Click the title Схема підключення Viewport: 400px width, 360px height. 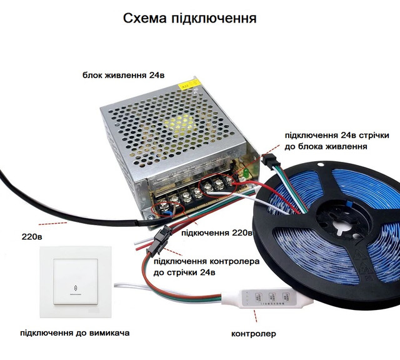coord(190,18)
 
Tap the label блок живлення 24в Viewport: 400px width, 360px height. coord(124,75)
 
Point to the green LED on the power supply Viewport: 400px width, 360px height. coord(246,172)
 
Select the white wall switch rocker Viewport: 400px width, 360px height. coord(76,282)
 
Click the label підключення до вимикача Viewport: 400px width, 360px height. coord(75,332)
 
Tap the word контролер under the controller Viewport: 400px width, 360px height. coord(254,334)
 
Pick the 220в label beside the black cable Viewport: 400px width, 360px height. coord(32,237)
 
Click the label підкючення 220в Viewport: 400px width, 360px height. coord(217,233)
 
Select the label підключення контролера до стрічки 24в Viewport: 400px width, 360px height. coord(207,267)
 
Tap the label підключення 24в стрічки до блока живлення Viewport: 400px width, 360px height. coord(337,141)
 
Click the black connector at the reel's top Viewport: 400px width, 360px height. coord(268,161)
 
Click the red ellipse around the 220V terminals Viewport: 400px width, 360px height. coord(168,209)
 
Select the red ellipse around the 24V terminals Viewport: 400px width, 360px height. coord(219,186)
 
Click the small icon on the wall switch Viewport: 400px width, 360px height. coord(76,288)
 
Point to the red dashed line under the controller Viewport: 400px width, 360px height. coord(256,316)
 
